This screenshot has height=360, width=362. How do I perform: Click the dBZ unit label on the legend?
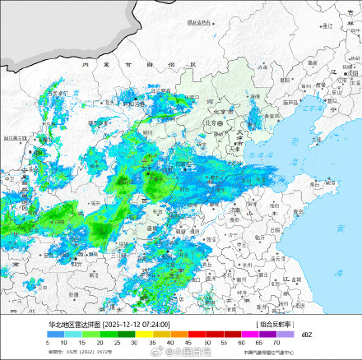click(307, 335)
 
